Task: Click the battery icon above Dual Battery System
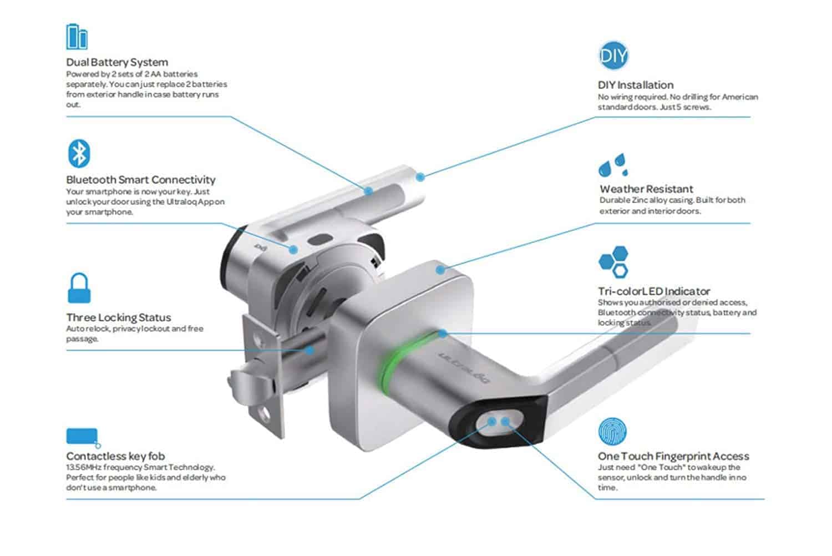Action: pos(77,37)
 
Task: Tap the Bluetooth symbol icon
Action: pos(79,154)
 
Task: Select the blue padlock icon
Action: pos(79,288)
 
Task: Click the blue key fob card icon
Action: pos(83,437)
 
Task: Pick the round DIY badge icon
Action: pos(613,56)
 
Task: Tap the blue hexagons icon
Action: pos(613,262)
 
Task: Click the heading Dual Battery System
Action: pos(117,62)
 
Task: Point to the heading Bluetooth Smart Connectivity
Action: pos(141,180)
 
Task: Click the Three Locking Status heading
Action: pos(119,317)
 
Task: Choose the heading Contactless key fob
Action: pos(115,456)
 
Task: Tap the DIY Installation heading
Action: pos(636,85)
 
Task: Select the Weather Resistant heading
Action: pos(646,189)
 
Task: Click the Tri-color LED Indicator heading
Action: pos(654,291)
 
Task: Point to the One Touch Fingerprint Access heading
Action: pos(673,456)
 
